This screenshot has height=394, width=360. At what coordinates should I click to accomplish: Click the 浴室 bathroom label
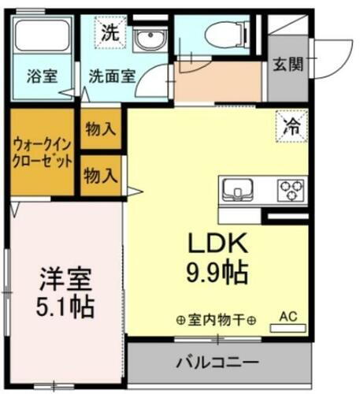42,77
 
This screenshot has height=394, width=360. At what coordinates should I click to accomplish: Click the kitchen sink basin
238,189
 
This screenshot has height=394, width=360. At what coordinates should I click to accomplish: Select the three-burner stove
291,189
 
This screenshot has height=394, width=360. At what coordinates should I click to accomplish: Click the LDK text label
217,242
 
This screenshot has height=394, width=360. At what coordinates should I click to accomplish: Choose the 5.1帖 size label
66,307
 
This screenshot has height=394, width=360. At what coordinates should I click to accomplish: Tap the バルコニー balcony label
217,364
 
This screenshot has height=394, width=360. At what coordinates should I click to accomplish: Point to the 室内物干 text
217,321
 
